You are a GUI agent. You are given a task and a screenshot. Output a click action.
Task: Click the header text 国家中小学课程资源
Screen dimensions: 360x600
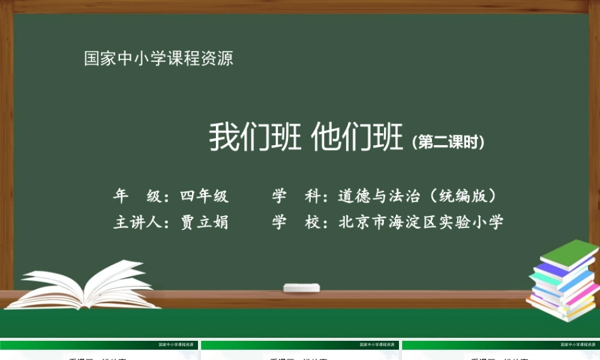pyautogui.click(x=158, y=59)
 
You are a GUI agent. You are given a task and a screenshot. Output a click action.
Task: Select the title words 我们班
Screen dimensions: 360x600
pyautogui.click(x=255, y=137)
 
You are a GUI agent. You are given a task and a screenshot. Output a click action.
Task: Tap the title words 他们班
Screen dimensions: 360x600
pyautogui.click(x=358, y=137)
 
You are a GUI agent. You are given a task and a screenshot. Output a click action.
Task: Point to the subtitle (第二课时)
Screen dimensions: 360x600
pyautogui.click(x=448, y=142)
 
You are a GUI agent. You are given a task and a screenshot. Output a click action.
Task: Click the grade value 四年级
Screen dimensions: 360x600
pyautogui.click(x=205, y=196)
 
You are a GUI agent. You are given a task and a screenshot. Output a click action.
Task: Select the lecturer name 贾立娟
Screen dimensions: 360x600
pyautogui.click(x=205, y=223)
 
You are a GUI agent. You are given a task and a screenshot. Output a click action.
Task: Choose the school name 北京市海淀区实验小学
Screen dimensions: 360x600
pyautogui.click(x=421, y=223)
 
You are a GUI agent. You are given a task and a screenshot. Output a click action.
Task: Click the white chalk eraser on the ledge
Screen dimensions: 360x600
pyautogui.click(x=302, y=287)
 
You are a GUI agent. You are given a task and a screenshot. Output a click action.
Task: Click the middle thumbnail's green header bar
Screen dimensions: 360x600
pyautogui.click(x=300, y=345)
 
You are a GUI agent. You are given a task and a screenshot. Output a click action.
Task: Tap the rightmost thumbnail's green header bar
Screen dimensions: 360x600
pyautogui.click(x=500, y=345)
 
